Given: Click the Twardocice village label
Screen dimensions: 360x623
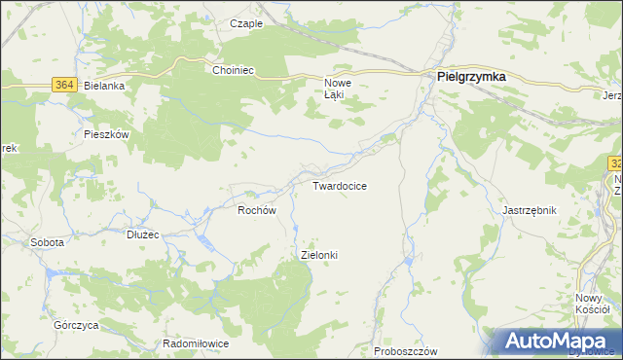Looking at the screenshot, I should [339, 186].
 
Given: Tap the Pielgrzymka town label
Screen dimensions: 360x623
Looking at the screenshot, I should [471, 77].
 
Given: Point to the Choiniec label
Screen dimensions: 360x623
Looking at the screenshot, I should [233, 70].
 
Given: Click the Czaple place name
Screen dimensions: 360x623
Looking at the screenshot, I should [246, 23].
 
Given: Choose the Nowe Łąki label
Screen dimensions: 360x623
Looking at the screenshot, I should [337, 89].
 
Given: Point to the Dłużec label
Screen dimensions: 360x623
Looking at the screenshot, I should [142, 234].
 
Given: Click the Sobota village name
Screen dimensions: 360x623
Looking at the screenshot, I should [47, 241].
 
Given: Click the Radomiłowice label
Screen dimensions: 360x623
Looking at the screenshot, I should [195, 344].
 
